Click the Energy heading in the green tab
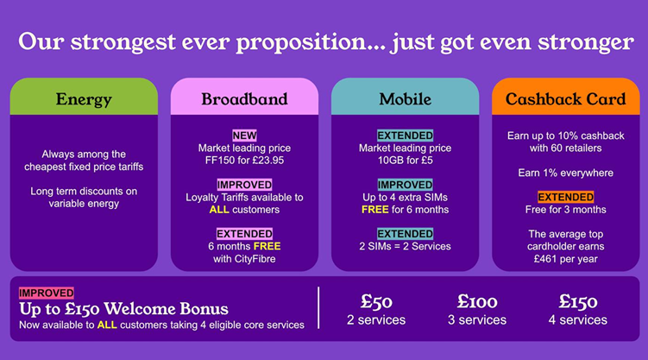pos(84,99)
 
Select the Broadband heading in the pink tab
pos(244,99)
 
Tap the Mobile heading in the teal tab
pos(405,99)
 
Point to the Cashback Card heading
pos(565,99)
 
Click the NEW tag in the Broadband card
pos(244,136)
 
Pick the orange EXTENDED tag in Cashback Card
pos(565,197)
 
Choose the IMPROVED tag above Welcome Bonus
pos(47,293)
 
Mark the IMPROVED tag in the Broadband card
pos(244,185)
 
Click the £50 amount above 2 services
pos(376,301)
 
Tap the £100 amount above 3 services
pos(477,301)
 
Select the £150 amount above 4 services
pos(578,301)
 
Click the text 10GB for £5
pos(405,161)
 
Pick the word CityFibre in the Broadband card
pos(255,259)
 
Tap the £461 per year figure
pos(565,259)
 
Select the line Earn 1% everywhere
pos(565,173)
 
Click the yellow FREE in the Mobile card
pos(374,210)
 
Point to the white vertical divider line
pos(318,308)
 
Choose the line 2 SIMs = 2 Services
pos(405,246)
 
